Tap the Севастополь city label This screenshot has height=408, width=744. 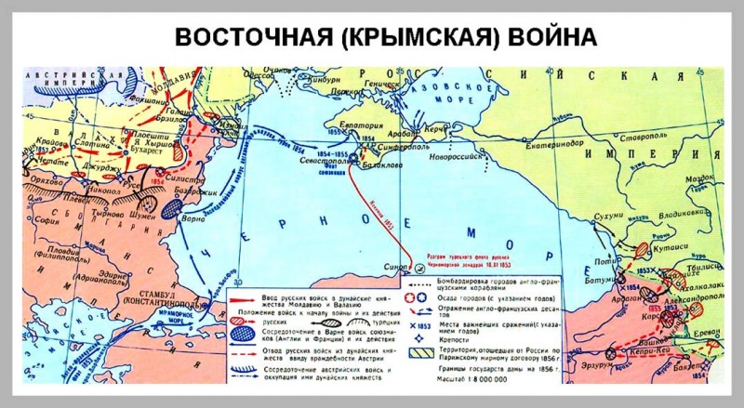click(x=321, y=159)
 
